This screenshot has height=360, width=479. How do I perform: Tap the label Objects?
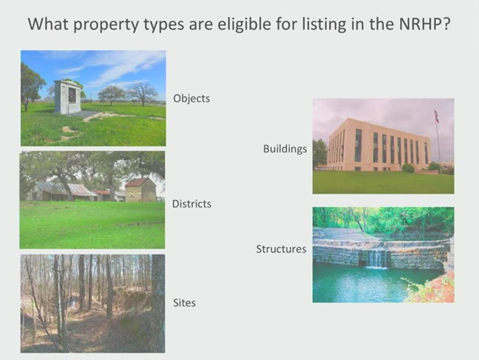point(192,98)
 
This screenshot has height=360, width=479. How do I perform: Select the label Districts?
point(192,203)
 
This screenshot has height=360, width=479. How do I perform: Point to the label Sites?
point(184,303)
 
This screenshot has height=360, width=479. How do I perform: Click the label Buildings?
point(284,149)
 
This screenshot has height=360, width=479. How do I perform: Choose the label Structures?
point(281,249)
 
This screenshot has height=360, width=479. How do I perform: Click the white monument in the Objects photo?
point(68,96)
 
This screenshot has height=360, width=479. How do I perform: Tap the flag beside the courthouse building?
point(436,116)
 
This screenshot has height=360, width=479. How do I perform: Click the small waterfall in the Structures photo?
point(376,258)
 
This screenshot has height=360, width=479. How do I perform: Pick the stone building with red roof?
point(140,189)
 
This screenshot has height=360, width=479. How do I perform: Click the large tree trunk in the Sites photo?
point(157,302)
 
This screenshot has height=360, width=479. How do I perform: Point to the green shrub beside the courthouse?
point(408,168)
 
